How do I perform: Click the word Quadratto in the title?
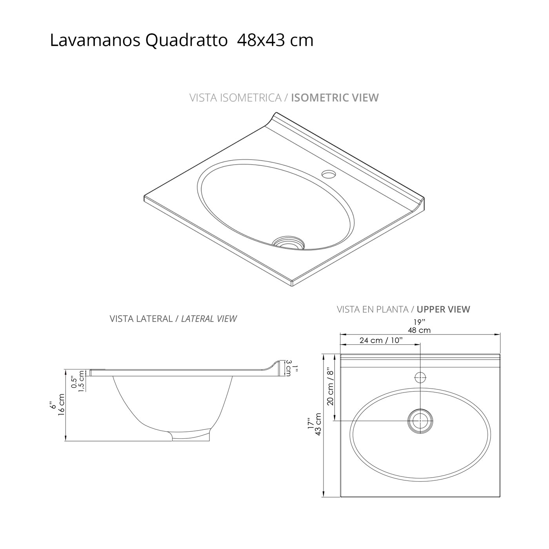point(187,41)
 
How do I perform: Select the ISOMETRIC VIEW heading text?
point(334,98)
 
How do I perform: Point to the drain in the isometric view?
point(289,242)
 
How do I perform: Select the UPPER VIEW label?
point(443,309)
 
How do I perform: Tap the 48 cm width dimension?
point(419,330)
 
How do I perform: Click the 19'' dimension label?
point(419,322)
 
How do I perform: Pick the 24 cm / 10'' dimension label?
point(381,340)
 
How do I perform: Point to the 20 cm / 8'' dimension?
point(330,387)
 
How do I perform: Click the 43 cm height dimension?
point(318,424)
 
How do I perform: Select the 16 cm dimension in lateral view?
point(61,405)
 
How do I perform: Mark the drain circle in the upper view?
point(420,421)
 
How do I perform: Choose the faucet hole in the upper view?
point(420,378)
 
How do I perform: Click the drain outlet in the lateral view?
point(191,436)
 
